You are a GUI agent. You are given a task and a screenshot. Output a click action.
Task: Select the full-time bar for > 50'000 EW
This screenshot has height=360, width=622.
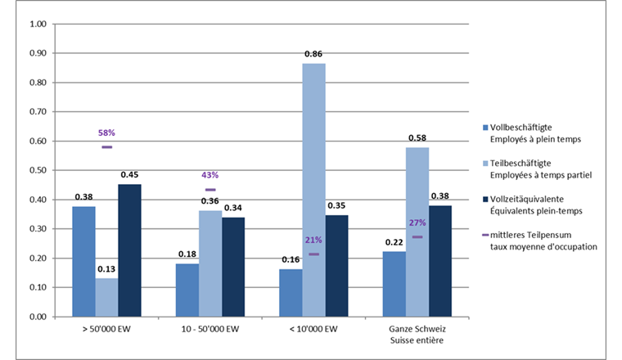pos(83,261)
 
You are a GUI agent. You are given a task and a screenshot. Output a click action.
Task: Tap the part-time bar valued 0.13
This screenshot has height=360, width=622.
pos(106,297)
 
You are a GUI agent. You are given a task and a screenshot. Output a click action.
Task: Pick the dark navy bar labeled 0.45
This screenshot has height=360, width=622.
pos(129,250)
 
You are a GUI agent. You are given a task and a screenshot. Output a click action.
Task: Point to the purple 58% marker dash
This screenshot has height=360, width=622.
pos(106,146)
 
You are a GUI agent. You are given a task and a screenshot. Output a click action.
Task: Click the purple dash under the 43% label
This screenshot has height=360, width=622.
pos(210,190)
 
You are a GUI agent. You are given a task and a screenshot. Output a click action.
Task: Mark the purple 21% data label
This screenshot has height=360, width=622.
pos(313,241)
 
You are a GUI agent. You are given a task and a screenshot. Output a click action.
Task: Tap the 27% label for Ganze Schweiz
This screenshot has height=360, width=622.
pos(417,223)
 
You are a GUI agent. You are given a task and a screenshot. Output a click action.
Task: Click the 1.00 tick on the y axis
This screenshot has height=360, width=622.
pos(38,24)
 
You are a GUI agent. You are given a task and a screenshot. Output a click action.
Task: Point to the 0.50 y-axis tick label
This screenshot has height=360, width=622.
pos(38,170)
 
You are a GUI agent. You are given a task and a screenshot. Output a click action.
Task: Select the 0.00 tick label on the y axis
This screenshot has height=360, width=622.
pos(38,317)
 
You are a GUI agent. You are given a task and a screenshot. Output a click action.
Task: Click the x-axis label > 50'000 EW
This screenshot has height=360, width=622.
pos(106,331)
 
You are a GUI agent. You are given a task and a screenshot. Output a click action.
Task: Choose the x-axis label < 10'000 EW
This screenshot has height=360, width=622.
pos(313,331)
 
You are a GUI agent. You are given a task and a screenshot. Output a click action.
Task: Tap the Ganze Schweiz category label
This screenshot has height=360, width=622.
pos(417,331)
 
